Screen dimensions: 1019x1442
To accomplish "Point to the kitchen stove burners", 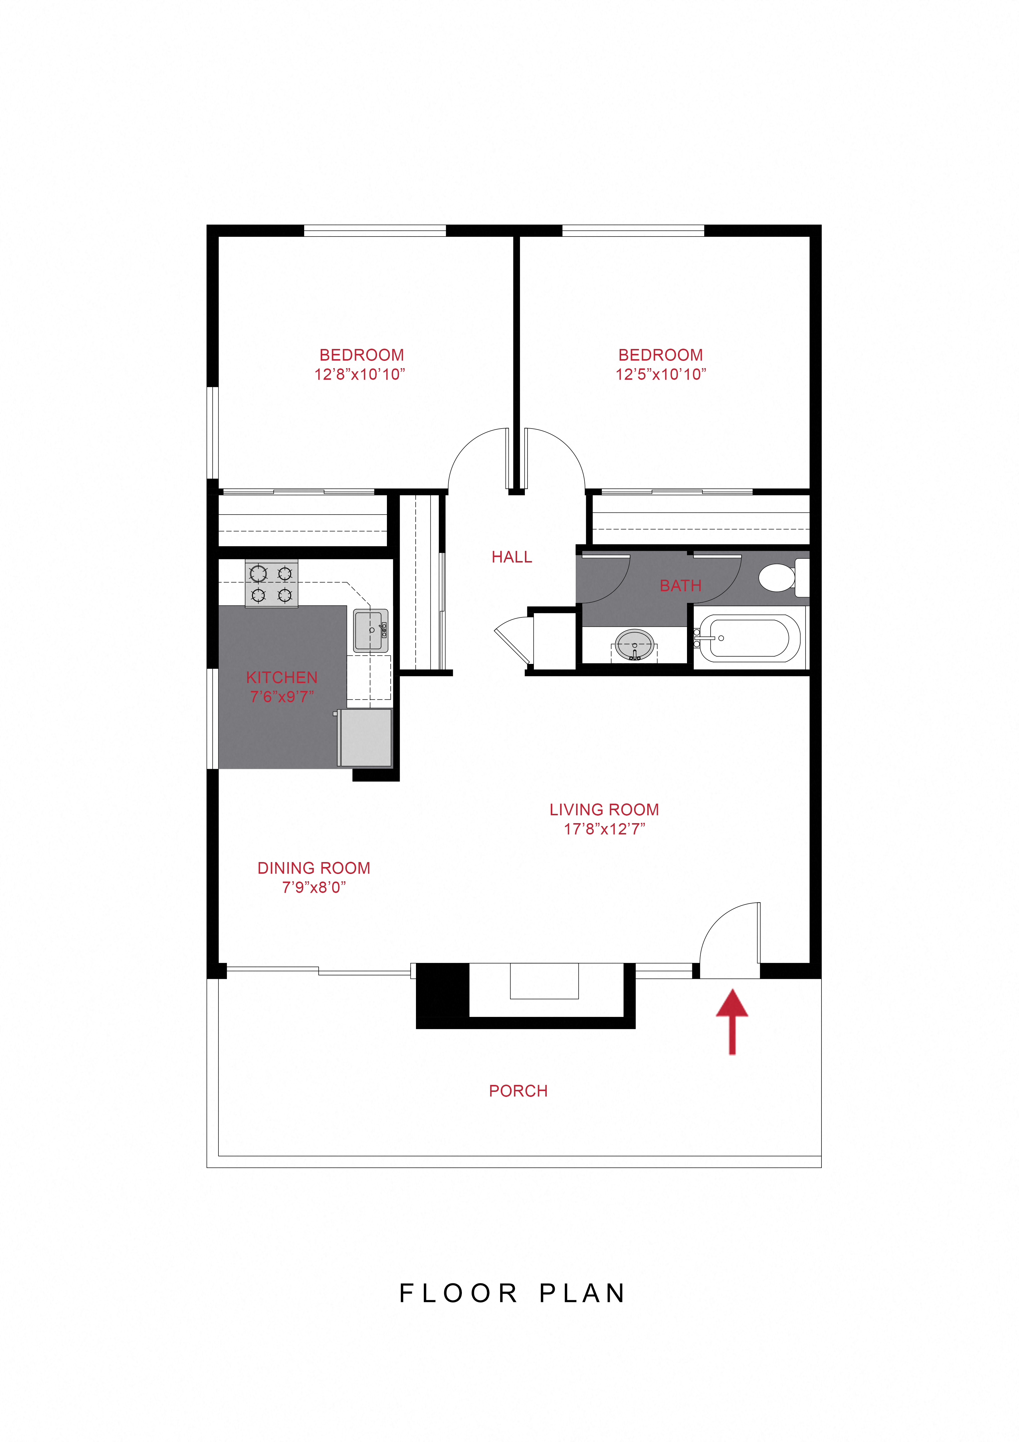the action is (271, 583).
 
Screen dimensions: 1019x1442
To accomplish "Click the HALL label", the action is (512, 557).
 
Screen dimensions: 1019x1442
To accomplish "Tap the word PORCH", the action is (518, 1091).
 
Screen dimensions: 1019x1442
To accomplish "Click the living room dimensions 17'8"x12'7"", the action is (604, 829).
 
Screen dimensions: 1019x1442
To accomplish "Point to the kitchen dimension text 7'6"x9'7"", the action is (282, 696).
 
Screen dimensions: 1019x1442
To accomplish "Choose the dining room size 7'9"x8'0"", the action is (314, 887).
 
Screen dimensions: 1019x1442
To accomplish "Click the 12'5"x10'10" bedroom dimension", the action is (661, 374).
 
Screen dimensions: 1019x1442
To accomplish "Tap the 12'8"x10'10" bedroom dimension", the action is (360, 374).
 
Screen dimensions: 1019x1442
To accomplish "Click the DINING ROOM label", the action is (314, 868).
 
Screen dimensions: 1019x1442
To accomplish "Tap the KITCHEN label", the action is (282, 678).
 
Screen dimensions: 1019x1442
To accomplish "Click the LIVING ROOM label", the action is (604, 809).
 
